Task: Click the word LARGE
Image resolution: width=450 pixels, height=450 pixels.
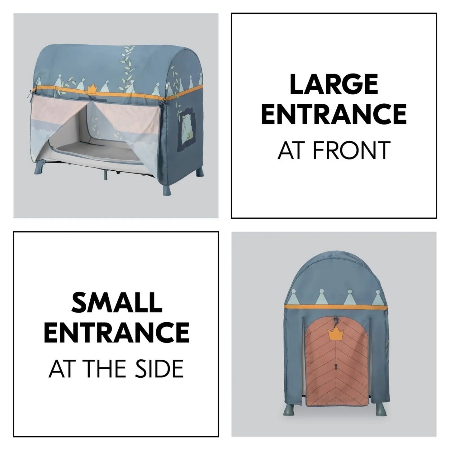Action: click(x=334, y=85)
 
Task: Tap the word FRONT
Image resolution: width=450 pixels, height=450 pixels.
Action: click(x=352, y=150)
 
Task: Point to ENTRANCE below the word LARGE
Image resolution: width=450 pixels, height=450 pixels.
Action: click(x=334, y=114)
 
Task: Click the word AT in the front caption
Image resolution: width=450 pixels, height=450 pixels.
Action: click(x=292, y=150)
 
